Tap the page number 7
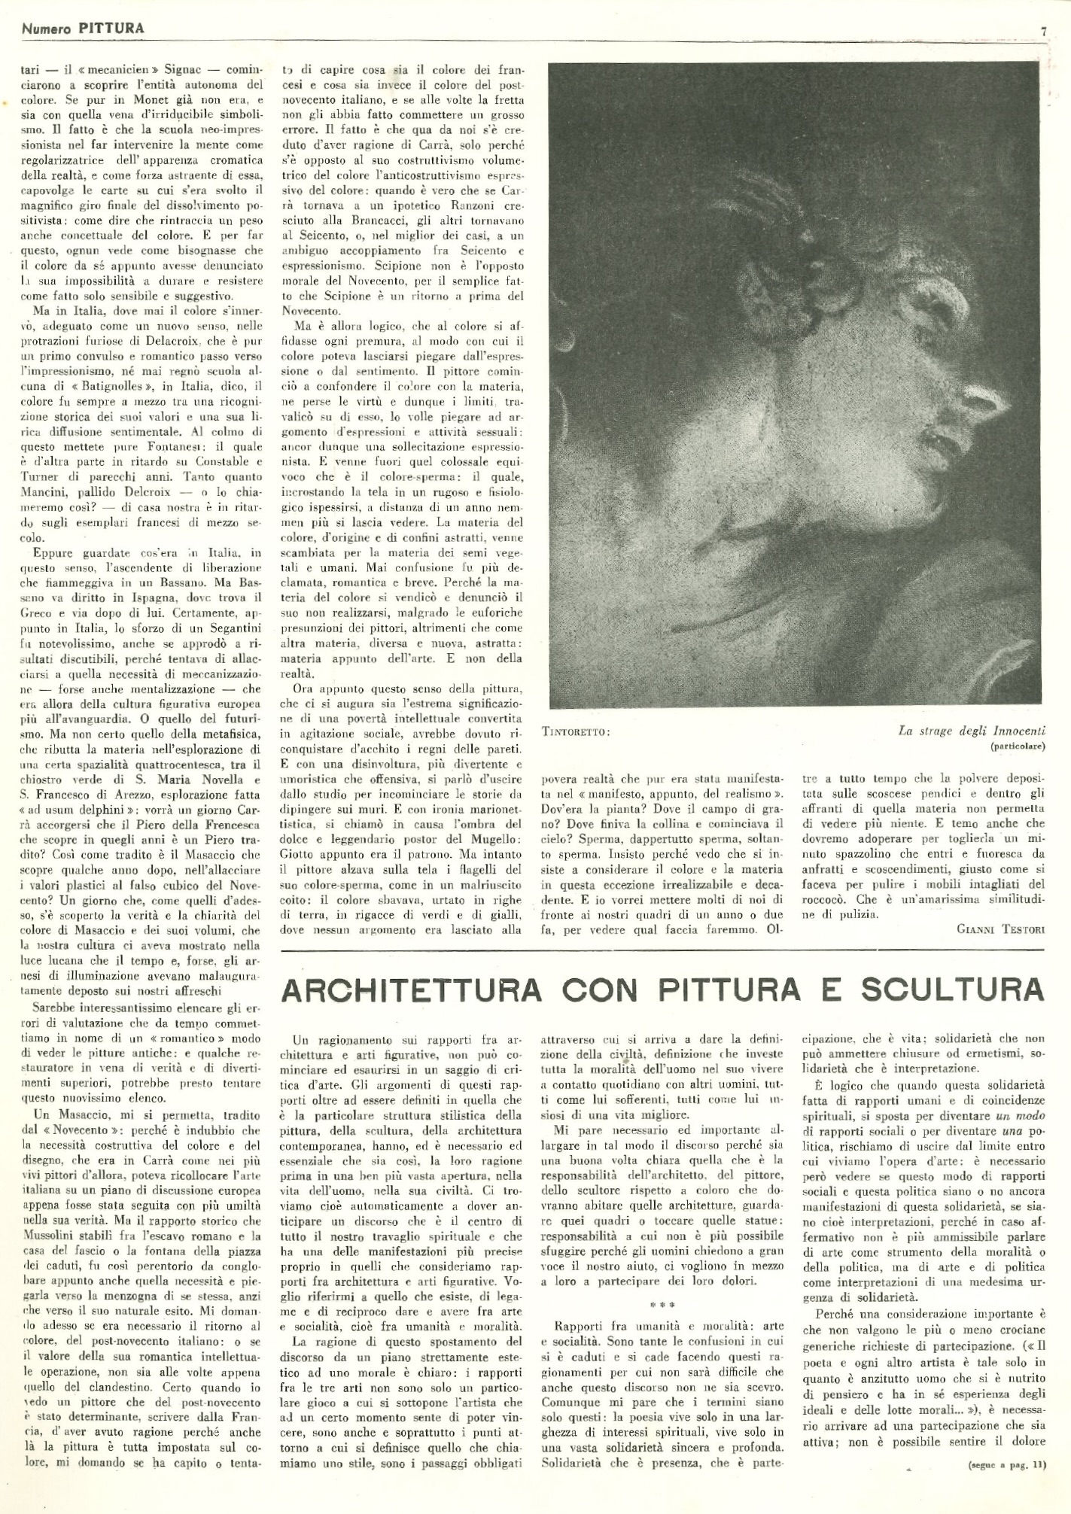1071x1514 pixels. (x=1045, y=31)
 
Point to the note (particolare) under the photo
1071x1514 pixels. (x=1015, y=747)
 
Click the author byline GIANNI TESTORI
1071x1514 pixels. (x=1000, y=929)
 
